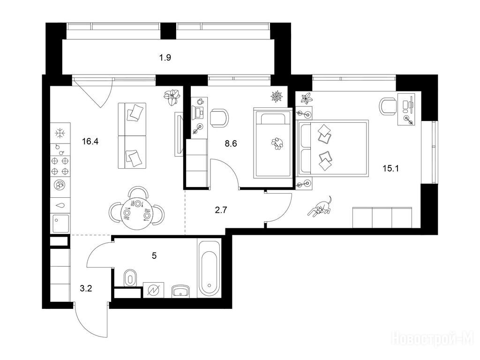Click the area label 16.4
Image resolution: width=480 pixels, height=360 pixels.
[x=90, y=142]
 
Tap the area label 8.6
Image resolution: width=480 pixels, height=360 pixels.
[x=231, y=143]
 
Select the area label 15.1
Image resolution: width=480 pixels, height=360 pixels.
[x=391, y=168]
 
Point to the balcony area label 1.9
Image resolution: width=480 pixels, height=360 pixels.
[x=165, y=57]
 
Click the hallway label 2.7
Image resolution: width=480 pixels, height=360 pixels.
[x=221, y=210]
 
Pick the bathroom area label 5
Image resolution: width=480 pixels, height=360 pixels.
[x=154, y=255]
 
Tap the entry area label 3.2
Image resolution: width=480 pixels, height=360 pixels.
[x=86, y=288]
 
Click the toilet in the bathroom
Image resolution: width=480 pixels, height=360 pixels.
[x=130, y=278]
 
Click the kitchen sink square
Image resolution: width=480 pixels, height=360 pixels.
[x=60, y=224]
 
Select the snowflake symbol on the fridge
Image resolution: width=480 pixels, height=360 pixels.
[x=60, y=134]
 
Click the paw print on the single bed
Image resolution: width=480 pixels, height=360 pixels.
[x=277, y=143]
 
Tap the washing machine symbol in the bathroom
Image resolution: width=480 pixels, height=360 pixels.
[x=153, y=290]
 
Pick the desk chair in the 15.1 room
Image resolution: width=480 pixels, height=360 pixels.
[x=388, y=106]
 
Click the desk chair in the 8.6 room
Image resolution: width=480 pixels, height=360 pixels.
[x=219, y=118]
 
